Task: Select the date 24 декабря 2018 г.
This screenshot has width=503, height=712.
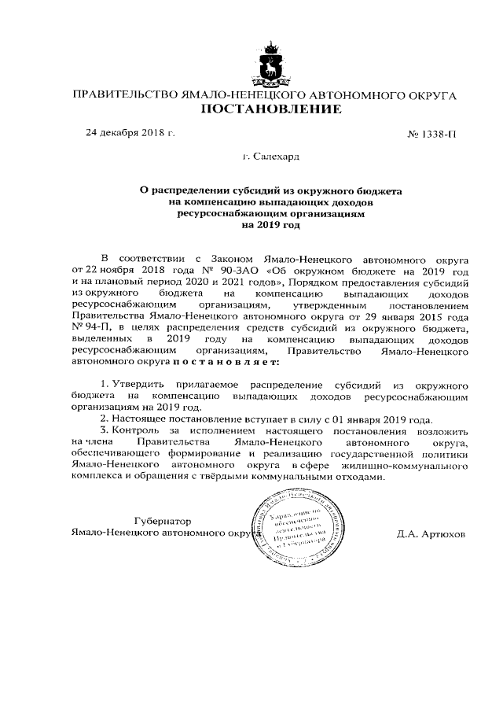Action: (x=130, y=131)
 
